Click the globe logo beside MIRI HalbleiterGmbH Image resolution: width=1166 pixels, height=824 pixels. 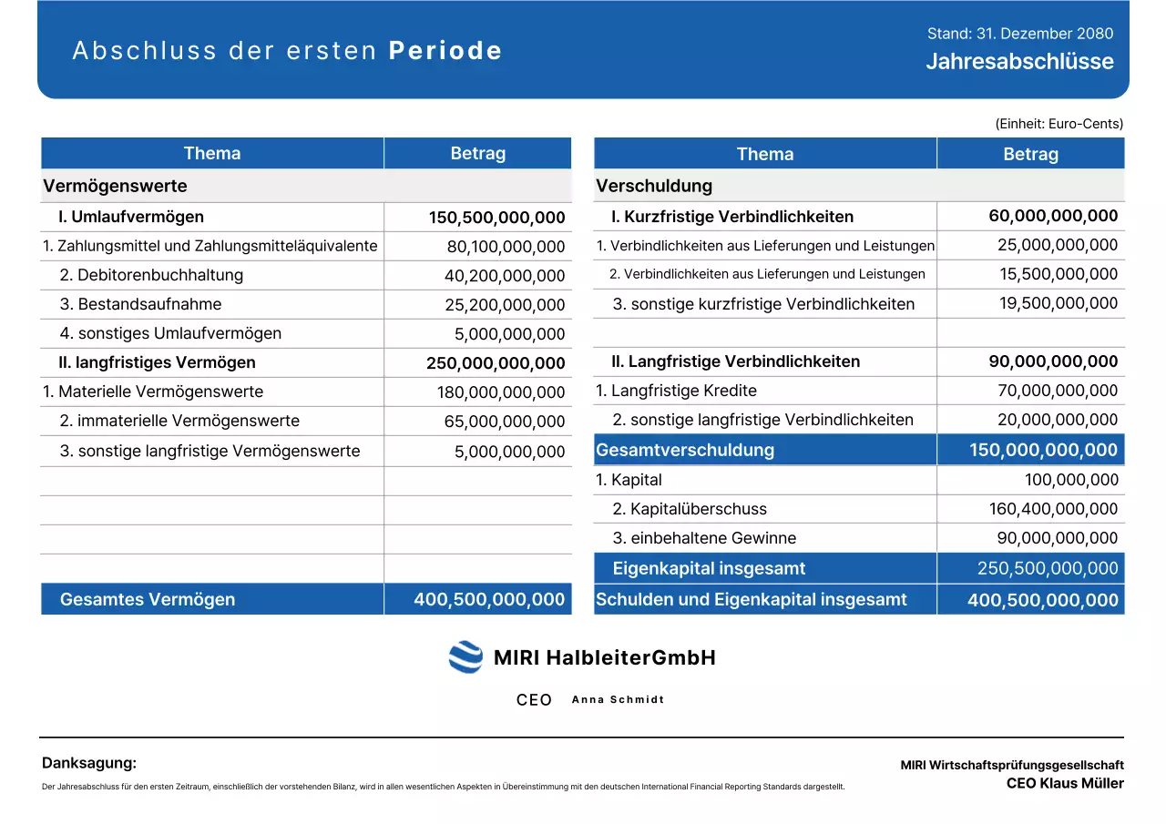(465, 657)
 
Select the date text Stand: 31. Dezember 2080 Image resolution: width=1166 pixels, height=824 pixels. (1019, 34)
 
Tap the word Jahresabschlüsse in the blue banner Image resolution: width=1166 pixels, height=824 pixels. (1019, 62)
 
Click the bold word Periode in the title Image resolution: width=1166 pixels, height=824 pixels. (445, 51)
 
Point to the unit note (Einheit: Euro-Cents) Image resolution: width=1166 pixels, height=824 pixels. (1059, 124)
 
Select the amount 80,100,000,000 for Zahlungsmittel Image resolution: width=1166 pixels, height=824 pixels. (506, 247)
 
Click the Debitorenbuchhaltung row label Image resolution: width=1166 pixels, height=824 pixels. (151, 275)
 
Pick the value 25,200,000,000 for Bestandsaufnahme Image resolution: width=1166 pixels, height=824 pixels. (506, 305)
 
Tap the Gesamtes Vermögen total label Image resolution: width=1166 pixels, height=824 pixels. (148, 599)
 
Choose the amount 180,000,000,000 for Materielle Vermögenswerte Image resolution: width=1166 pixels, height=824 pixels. (501, 392)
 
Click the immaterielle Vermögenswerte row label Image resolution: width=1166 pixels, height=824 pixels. (179, 421)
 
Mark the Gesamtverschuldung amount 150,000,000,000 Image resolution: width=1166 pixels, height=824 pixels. (1043, 450)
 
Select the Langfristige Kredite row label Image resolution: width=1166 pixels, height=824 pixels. (676, 391)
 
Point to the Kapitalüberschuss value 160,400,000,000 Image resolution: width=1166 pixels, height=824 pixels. (1053, 509)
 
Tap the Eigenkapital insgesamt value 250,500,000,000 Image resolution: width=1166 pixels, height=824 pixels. (1048, 568)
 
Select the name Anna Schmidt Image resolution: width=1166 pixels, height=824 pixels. (618, 700)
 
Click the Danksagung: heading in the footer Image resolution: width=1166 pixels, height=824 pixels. (89, 763)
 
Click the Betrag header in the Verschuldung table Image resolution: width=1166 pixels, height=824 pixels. (1030, 154)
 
